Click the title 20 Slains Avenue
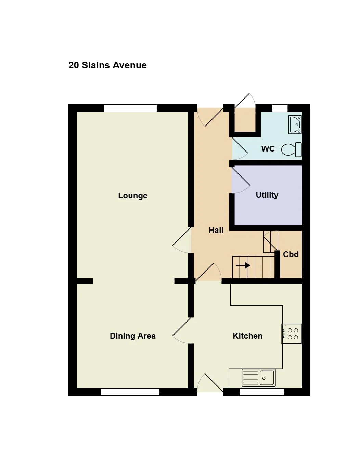(107, 65)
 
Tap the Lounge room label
(133, 196)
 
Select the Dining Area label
(133, 336)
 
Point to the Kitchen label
(248, 336)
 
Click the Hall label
(216, 230)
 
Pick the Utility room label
(267, 195)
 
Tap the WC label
(268, 149)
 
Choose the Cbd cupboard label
(291, 254)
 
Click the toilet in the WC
(292, 150)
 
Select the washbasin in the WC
(295, 124)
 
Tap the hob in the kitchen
(292, 334)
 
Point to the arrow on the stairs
(243, 265)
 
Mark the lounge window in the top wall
(130, 108)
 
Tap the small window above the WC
(280, 108)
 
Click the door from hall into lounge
(182, 240)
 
